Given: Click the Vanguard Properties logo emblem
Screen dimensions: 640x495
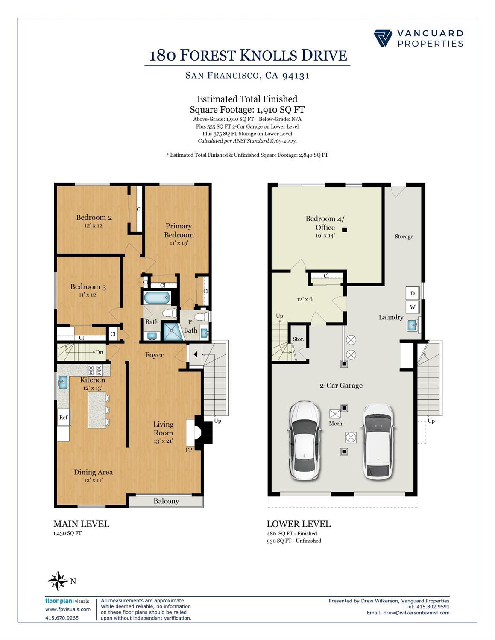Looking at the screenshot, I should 383,38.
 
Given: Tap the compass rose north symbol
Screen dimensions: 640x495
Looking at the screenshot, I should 57,581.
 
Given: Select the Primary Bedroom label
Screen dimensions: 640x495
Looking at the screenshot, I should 179,230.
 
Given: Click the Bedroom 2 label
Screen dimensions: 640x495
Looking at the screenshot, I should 94,218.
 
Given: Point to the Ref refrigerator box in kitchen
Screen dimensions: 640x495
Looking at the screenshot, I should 63,418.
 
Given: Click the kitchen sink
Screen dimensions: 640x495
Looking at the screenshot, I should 63,382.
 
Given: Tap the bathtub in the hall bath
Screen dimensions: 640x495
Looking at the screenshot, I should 157,298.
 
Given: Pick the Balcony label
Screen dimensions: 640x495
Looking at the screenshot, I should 166,501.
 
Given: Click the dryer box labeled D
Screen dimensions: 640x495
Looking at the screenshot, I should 413,293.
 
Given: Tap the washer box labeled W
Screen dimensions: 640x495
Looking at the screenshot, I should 413,307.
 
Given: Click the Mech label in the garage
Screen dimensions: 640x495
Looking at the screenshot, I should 335,424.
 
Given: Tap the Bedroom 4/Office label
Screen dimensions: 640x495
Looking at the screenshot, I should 325,223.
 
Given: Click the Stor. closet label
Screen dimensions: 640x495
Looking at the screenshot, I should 299,339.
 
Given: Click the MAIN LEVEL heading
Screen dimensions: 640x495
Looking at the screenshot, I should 81,524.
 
